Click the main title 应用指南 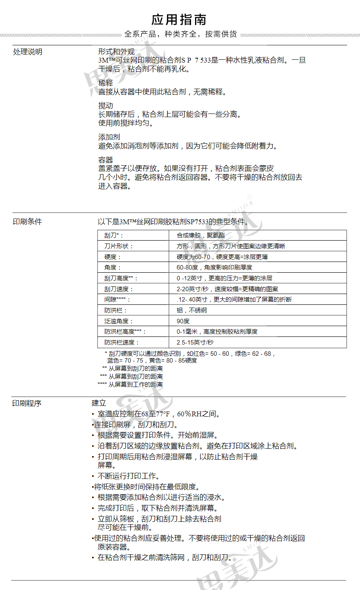point(179,20)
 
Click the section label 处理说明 point(28,52)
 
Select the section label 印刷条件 point(27,221)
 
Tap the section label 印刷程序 point(27,403)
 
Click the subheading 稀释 point(106,83)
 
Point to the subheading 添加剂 point(109,137)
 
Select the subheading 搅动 point(106,105)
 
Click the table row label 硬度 point(112,257)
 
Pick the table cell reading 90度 point(183,321)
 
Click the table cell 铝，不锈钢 point(192,310)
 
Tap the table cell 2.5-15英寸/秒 point(195,342)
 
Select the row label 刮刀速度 point(118,289)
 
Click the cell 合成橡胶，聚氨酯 point(201,235)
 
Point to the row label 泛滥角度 point(118,321)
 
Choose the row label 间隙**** point(117,299)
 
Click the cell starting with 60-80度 point(214,267)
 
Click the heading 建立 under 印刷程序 point(99,403)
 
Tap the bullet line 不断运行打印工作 point(128,476)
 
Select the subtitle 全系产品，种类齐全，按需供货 point(181,34)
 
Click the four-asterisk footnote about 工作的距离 point(130,384)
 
